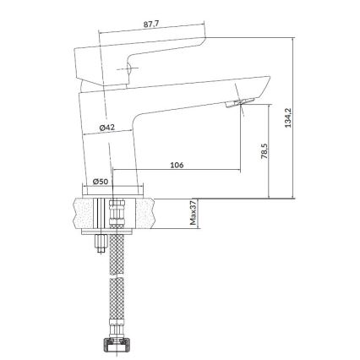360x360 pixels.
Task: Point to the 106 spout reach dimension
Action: (176, 165)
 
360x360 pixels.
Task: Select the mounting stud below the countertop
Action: (99, 243)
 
